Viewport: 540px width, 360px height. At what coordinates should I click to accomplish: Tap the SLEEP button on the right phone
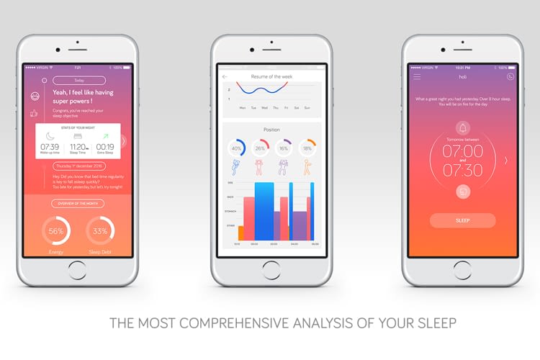(x=462, y=220)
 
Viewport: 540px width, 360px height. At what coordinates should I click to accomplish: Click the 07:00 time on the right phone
(x=462, y=151)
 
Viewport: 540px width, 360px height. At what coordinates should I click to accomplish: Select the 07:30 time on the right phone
(x=462, y=170)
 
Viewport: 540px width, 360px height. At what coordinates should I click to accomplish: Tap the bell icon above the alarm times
(x=462, y=128)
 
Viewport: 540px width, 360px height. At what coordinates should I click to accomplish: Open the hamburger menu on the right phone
(x=416, y=76)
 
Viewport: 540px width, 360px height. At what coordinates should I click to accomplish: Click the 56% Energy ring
(x=55, y=231)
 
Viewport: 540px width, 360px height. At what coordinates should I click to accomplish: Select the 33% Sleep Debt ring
(x=100, y=231)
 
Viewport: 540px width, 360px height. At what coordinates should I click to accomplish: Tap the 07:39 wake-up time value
(x=50, y=147)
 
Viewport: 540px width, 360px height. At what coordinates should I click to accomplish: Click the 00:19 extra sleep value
(x=105, y=147)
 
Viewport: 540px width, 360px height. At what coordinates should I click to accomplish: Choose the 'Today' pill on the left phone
(x=79, y=81)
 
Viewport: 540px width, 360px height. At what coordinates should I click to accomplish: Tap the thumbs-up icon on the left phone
(x=33, y=113)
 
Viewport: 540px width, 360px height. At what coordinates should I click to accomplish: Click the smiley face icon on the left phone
(x=33, y=96)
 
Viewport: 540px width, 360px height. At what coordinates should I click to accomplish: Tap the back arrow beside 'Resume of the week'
(x=225, y=76)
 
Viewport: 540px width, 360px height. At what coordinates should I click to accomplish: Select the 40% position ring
(x=236, y=148)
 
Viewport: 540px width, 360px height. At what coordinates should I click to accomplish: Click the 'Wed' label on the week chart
(x=264, y=107)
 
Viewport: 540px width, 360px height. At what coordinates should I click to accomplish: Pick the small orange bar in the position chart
(x=241, y=233)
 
